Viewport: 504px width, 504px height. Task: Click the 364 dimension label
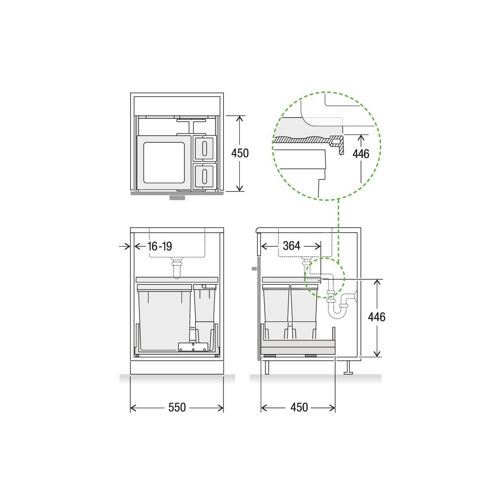click(x=291, y=246)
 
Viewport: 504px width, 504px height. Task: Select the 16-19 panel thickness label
click(x=160, y=246)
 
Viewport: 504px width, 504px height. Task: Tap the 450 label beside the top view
click(x=240, y=153)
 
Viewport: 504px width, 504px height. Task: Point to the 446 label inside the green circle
click(x=361, y=154)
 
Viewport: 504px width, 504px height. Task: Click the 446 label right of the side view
click(x=377, y=317)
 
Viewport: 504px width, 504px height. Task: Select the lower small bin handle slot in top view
click(x=205, y=176)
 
